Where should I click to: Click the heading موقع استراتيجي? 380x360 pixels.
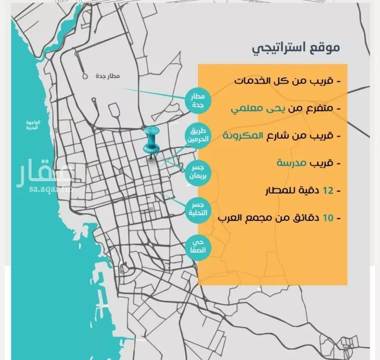(296, 49)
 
